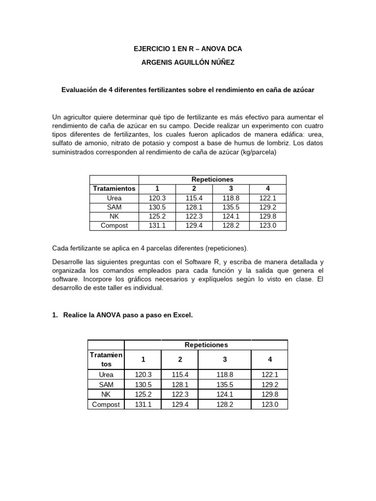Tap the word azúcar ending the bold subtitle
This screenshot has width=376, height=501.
[x=302, y=90]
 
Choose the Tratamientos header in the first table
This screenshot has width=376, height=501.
[x=114, y=189]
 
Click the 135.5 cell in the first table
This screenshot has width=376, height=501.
[x=231, y=207]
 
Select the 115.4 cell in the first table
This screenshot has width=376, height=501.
[x=194, y=198]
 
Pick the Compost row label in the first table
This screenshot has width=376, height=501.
[x=114, y=226]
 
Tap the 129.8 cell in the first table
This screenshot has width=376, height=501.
[x=268, y=216]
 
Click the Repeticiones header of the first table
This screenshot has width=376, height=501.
[x=213, y=180]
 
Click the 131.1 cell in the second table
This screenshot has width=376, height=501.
[x=143, y=405]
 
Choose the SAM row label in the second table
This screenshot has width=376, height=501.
[x=106, y=385]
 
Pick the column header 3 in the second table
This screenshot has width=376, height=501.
[x=225, y=360]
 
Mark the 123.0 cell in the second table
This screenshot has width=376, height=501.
[x=270, y=405]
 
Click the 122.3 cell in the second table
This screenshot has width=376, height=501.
[x=180, y=395]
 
